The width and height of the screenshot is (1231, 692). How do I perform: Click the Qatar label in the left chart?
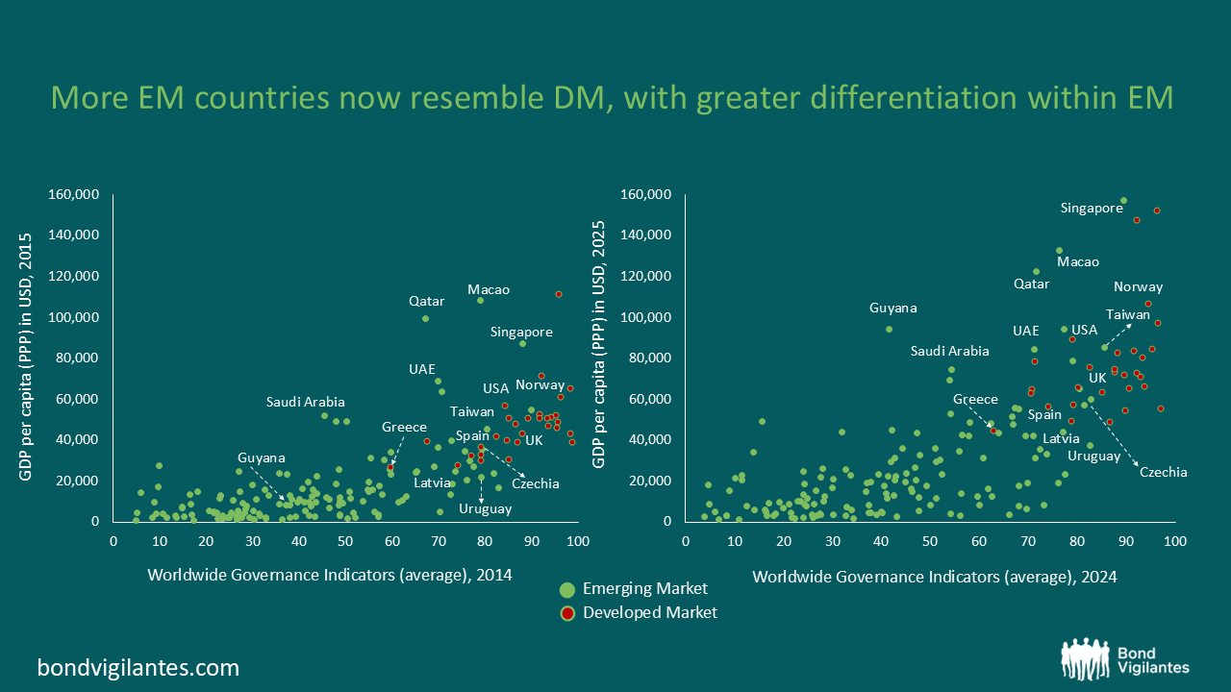click(x=426, y=301)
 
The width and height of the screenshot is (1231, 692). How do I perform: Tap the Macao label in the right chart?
click(x=1078, y=261)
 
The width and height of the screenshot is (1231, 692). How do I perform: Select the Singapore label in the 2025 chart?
click(x=1092, y=208)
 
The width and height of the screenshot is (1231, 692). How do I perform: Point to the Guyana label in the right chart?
click(x=893, y=309)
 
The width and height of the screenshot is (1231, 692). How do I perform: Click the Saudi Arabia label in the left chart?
click(x=305, y=402)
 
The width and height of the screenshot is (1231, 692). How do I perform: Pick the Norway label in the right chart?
click(x=1139, y=286)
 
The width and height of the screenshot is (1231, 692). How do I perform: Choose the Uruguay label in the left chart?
click(x=486, y=508)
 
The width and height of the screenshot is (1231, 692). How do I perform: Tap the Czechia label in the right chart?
click(x=1163, y=472)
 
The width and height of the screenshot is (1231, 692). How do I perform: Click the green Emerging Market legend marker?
click(x=566, y=589)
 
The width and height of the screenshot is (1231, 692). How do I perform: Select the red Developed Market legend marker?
click(x=566, y=612)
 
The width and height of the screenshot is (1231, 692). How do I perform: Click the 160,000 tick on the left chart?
click(x=75, y=195)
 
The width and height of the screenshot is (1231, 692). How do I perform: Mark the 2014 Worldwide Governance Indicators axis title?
click(x=330, y=575)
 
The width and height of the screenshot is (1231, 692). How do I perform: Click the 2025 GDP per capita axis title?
click(x=599, y=358)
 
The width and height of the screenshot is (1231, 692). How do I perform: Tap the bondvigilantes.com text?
click(x=138, y=667)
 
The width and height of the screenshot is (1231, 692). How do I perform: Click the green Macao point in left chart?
click(x=480, y=300)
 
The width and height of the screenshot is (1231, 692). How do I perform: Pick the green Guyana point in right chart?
click(x=889, y=329)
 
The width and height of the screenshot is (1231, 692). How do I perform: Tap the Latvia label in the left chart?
click(x=433, y=482)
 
